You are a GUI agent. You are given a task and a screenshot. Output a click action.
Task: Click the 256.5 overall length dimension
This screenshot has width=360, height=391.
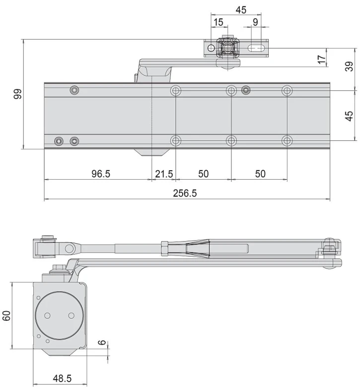(185, 194)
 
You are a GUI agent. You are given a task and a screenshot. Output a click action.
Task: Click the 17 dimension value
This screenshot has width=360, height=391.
(322, 60)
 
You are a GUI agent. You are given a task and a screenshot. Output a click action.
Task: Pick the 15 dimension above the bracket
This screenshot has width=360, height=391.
(218, 22)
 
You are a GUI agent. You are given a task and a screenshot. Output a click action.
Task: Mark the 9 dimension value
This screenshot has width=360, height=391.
(255, 22)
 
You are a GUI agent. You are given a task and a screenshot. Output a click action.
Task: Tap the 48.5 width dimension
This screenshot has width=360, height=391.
(62, 378)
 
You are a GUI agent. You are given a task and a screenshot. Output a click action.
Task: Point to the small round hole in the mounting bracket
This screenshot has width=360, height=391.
(211, 48)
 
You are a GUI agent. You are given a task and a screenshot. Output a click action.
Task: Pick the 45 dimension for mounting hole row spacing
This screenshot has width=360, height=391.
(349, 116)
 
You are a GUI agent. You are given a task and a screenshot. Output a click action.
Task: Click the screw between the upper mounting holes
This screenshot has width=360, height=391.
(245, 90)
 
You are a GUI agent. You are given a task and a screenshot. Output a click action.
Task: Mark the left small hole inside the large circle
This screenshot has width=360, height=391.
(48, 316)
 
